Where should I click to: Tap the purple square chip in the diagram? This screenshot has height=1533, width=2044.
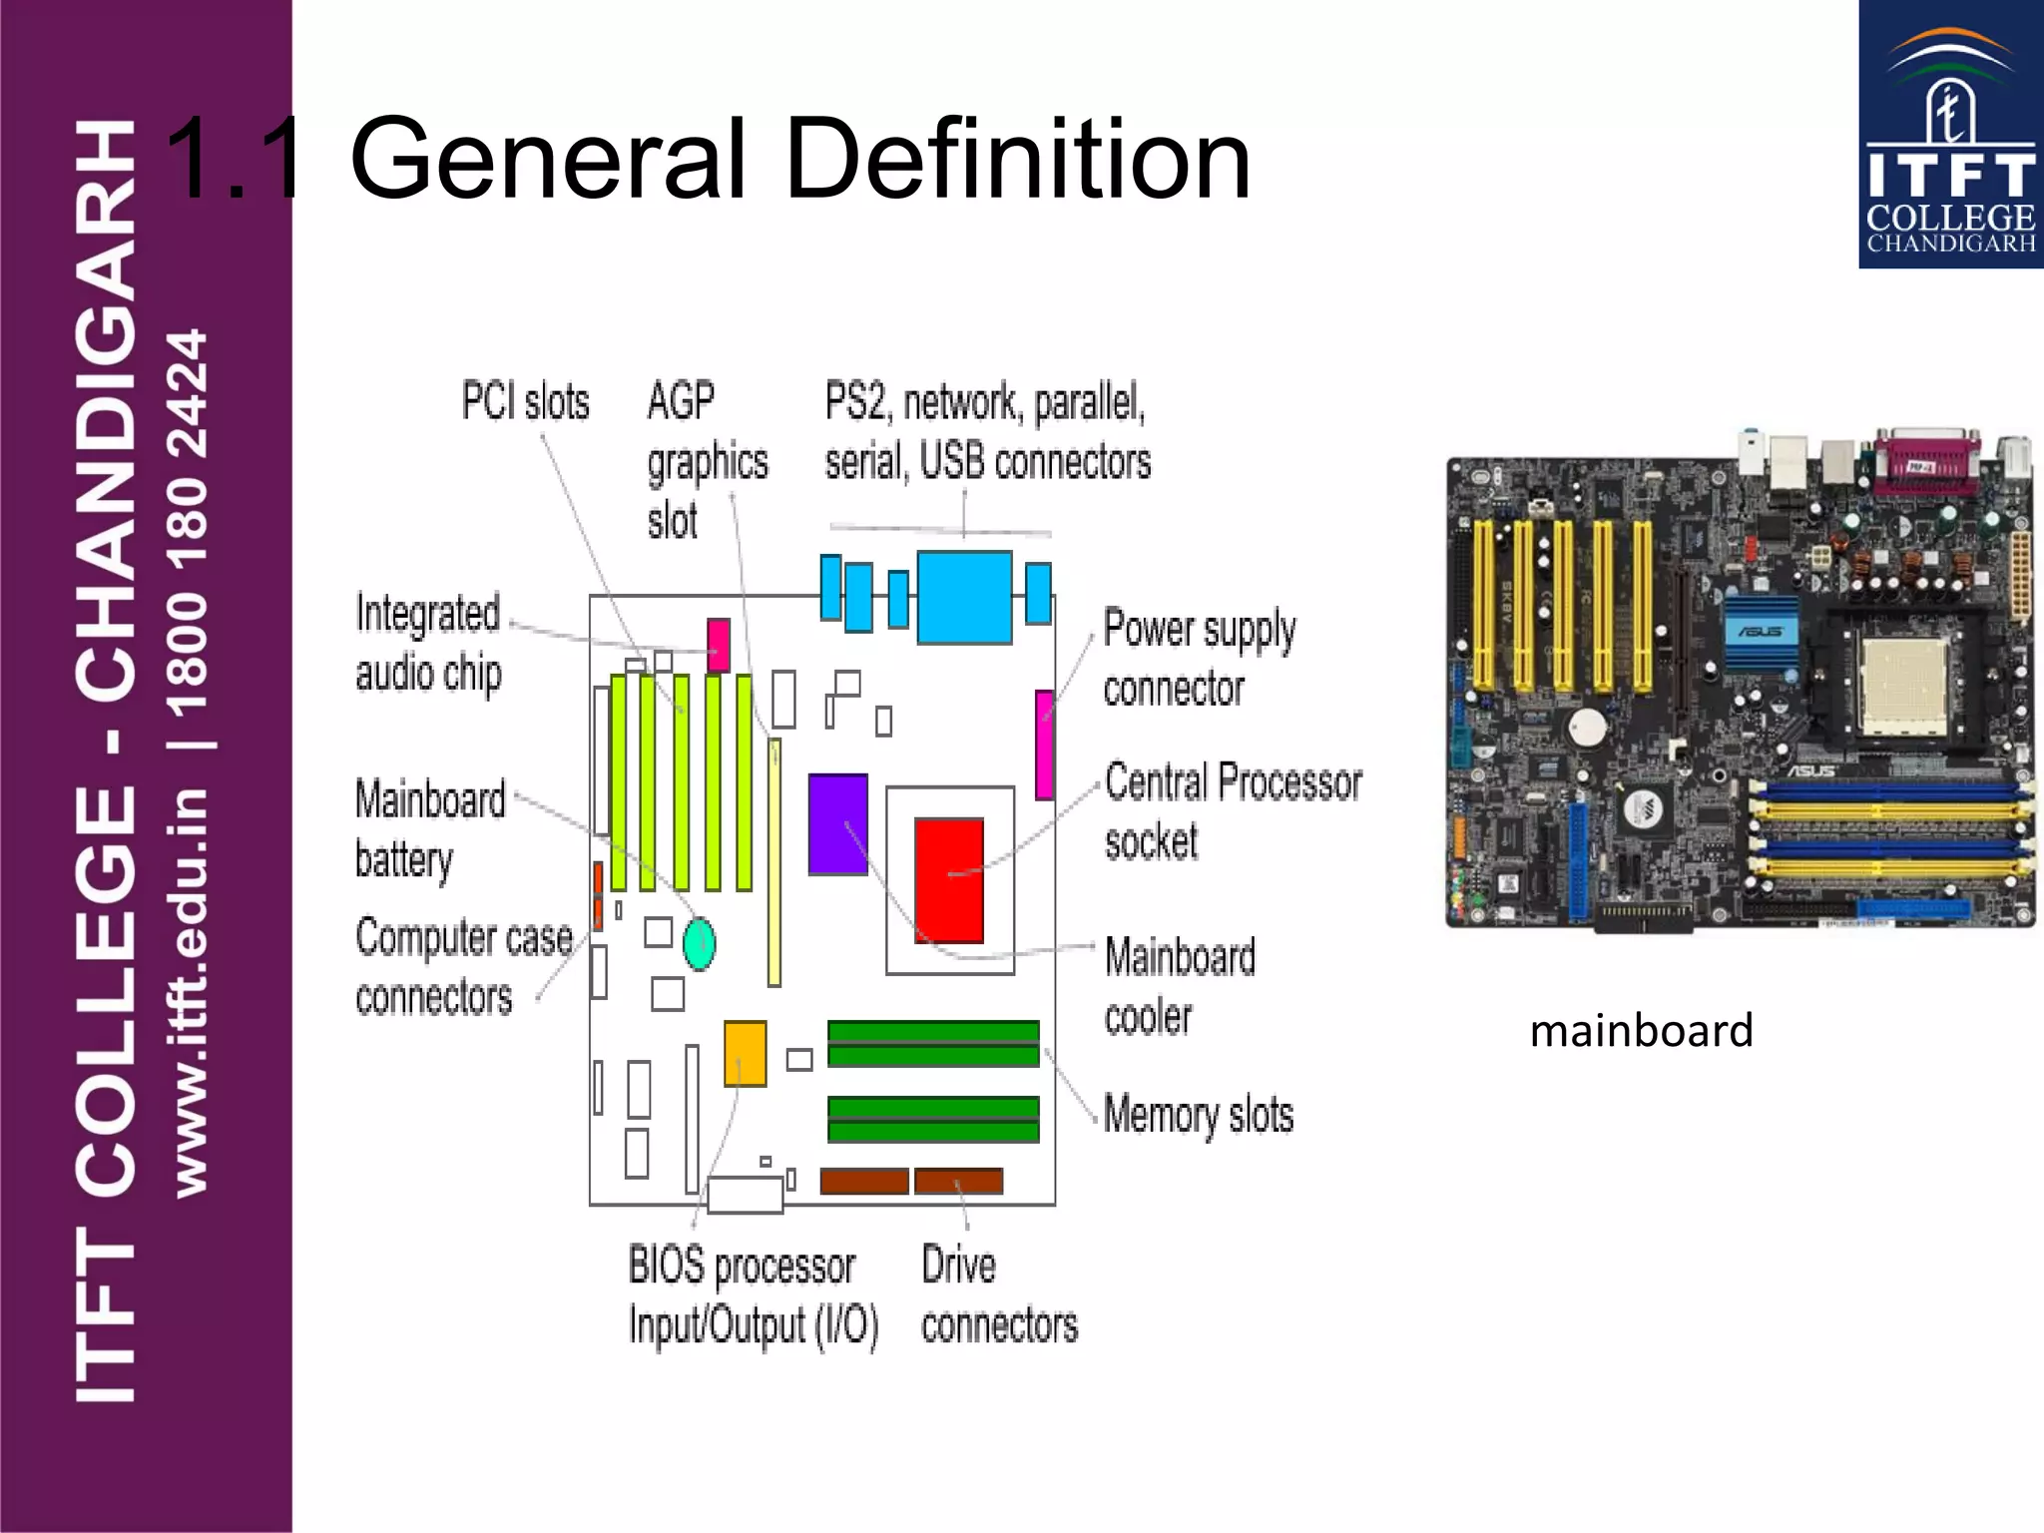point(837,824)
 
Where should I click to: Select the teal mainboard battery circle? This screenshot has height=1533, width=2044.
point(699,943)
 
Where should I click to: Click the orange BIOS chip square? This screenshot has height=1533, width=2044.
point(745,1053)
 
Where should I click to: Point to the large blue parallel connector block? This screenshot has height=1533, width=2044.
point(964,597)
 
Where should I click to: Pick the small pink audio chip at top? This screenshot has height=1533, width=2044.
point(719,644)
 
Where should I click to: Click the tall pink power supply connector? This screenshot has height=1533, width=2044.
point(1044,745)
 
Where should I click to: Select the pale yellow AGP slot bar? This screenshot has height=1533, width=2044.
point(774,862)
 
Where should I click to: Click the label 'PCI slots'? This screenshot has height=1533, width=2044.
point(525,401)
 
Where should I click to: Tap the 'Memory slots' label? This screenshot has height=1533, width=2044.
point(1199,1115)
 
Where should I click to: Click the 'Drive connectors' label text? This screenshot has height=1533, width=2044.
point(998,1295)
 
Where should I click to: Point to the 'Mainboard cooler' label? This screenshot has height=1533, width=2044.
point(1180,986)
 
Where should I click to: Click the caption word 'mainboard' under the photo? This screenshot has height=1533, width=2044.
point(1641,1031)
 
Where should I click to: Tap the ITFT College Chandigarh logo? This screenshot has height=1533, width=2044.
point(1950,135)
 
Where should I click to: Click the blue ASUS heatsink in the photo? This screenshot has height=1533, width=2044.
point(1761,633)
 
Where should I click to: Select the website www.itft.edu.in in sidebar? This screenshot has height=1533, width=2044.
point(190,993)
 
